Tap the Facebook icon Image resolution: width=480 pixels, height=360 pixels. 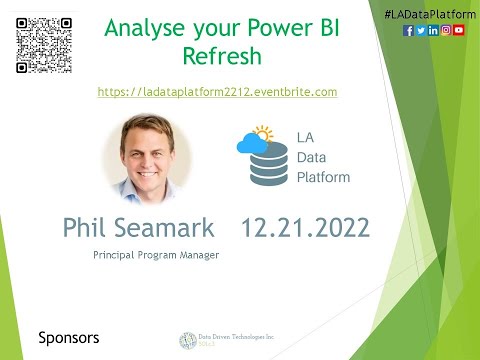[408, 31]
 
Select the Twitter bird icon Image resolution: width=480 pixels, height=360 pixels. [420, 31]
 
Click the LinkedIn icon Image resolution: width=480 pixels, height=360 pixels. [433, 31]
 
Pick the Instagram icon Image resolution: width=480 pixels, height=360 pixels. [446, 31]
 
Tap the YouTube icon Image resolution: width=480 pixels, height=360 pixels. [459, 31]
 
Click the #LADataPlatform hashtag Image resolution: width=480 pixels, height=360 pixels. [426, 10]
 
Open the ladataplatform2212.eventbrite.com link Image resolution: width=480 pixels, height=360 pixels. [217, 91]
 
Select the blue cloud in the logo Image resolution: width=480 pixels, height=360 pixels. [250, 146]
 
